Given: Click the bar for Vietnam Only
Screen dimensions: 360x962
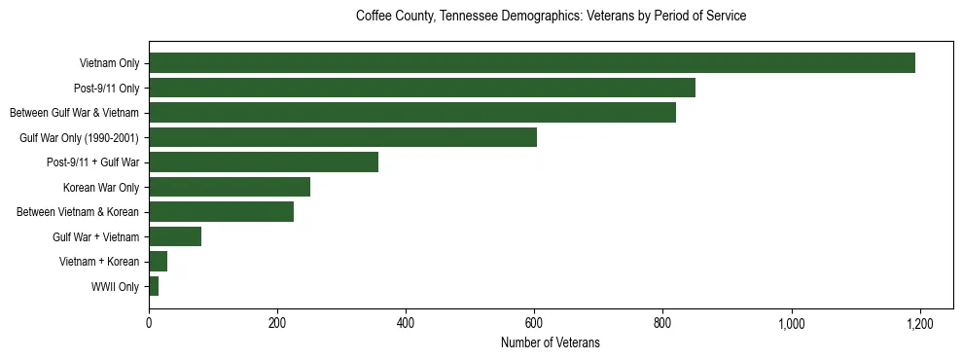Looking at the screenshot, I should tap(532, 63).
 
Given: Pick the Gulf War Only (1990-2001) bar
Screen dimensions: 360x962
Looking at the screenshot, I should tap(342, 137).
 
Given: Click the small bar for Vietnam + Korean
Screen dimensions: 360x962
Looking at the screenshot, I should tap(158, 262).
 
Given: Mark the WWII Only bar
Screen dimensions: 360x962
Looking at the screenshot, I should tap(154, 286).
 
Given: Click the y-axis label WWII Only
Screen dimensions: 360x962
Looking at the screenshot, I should tap(115, 287).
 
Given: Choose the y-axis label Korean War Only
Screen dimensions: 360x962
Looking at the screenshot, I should tap(101, 188).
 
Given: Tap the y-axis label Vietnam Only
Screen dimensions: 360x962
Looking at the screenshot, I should tap(109, 64).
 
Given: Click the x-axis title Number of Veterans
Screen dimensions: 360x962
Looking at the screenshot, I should tap(550, 342).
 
